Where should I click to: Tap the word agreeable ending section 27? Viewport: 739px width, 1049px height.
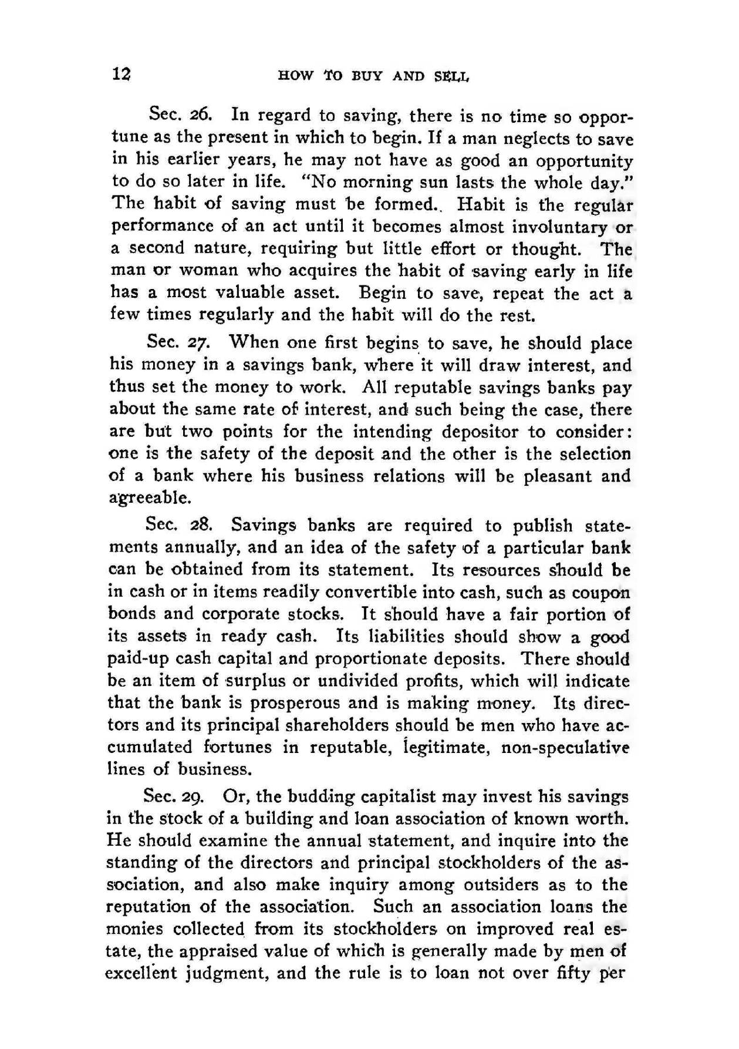click(150, 498)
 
